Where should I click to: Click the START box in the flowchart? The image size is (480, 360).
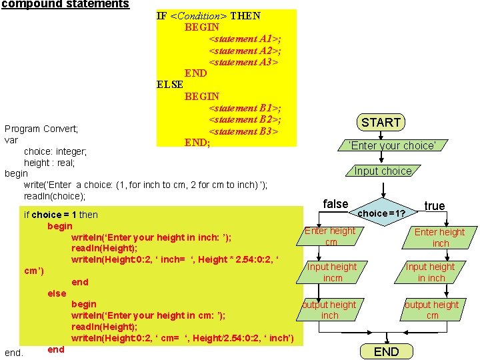pos(381,122)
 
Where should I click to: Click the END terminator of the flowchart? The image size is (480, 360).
pos(386,351)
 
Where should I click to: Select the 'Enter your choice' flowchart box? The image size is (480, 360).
pos(392,145)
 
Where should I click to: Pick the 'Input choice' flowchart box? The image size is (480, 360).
pos(383,171)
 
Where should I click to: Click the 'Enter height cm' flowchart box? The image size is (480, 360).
pos(331,237)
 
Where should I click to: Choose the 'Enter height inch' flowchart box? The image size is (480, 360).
pos(440,237)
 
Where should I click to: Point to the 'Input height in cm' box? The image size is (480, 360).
pos(331,272)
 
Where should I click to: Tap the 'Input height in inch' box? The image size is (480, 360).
pos(431,272)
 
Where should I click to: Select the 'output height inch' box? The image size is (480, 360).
pos(329,310)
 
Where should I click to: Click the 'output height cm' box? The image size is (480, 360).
pos(432,310)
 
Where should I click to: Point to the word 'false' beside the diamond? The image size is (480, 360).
pos(335,204)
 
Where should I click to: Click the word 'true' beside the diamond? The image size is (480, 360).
pos(435,206)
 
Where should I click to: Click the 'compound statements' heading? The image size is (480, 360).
pos(65,4)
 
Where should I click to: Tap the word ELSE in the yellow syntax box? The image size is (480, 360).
pos(169,85)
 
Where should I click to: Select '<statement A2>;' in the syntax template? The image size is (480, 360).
pos(245,51)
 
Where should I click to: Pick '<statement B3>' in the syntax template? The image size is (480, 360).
pos(243,131)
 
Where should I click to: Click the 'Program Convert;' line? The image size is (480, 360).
pos(41,129)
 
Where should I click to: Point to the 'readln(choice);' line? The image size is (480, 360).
pos(55,196)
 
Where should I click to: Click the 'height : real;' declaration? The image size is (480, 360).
pos(49,163)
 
